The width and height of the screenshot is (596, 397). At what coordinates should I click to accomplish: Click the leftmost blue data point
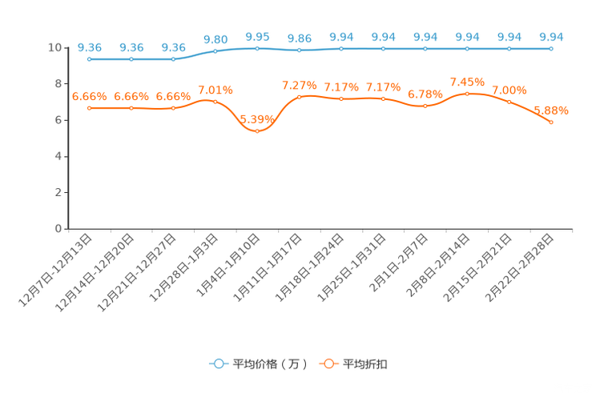[x=89, y=59]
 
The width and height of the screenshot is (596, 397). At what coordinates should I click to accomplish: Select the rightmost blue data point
[x=551, y=49]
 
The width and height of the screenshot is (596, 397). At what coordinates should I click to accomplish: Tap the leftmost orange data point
[x=89, y=108]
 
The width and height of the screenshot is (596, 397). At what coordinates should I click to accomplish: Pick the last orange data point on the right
[x=551, y=122]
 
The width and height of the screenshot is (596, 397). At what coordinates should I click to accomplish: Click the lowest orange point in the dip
[x=257, y=131]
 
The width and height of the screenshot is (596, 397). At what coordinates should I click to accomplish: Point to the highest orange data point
[x=467, y=93]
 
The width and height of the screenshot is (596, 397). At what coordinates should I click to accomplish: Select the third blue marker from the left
[x=173, y=59]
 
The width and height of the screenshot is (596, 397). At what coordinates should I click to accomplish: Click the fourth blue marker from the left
[x=215, y=51]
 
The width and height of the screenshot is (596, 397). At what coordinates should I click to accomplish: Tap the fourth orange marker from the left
[x=215, y=102]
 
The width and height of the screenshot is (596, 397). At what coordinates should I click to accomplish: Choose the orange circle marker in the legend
[x=328, y=363]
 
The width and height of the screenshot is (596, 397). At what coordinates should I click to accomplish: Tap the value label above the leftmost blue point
[x=89, y=47]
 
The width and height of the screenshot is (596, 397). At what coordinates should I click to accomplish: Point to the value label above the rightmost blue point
[x=551, y=37]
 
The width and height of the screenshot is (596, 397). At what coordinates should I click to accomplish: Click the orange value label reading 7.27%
[x=300, y=85]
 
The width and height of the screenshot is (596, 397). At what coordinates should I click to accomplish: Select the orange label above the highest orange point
[x=467, y=81]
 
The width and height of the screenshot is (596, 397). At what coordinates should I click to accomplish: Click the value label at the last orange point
[x=551, y=110]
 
